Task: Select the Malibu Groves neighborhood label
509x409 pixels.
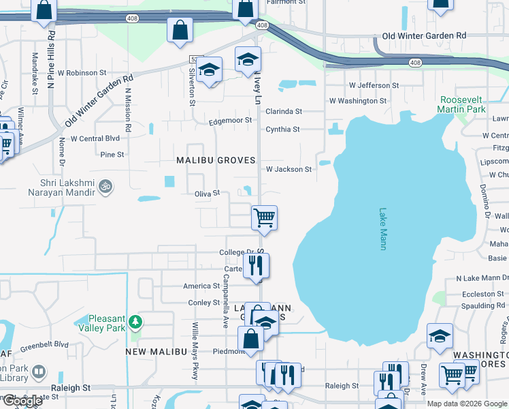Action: (x=216, y=160)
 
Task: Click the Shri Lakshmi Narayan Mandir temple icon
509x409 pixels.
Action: (x=105, y=185)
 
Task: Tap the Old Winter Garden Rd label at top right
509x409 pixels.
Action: (x=424, y=35)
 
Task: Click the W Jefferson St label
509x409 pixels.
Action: (x=374, y=85)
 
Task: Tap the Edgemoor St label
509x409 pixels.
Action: (x=231, y=120)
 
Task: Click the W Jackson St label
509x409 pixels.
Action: (x=289, y=169)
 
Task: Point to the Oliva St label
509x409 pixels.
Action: (x=207, y=193)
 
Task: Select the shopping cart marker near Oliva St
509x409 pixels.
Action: (x=264, y=218)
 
